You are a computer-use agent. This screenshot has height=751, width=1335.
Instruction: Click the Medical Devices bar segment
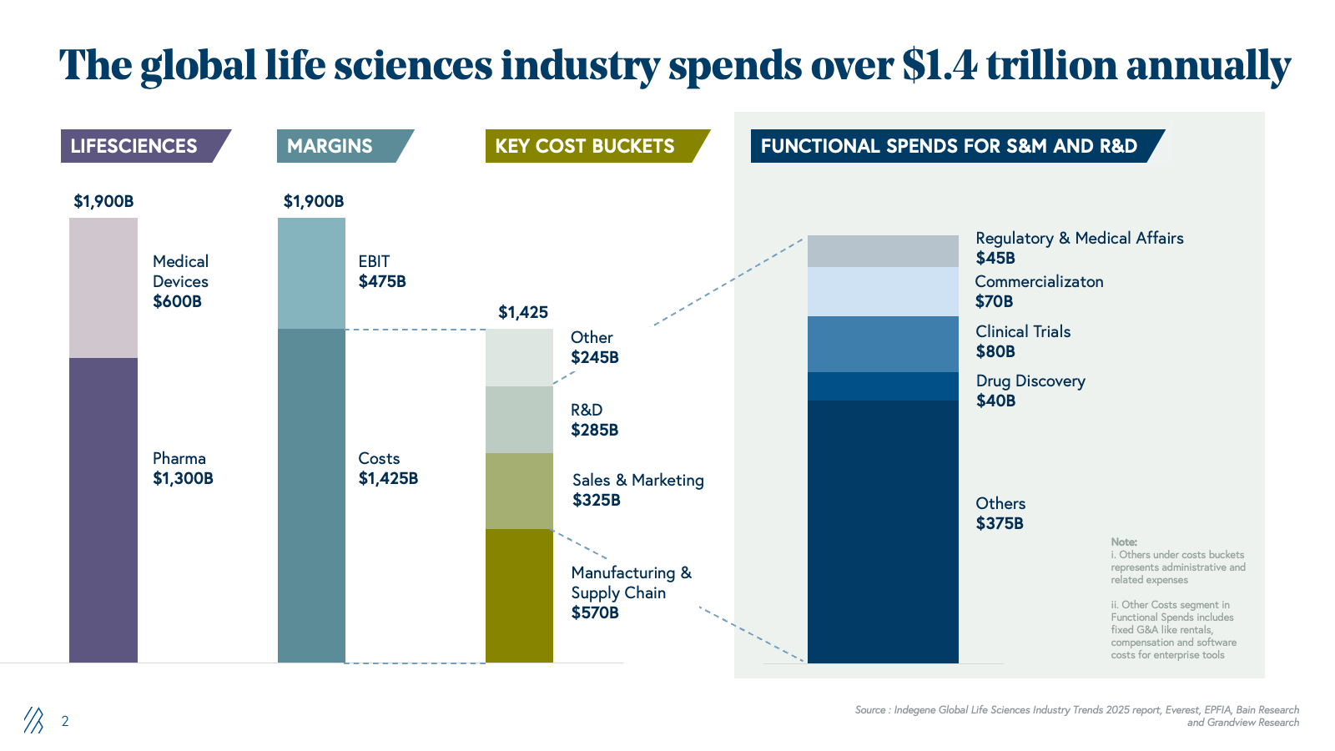click(103, 288)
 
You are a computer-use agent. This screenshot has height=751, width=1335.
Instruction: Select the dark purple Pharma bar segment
click(103, 510)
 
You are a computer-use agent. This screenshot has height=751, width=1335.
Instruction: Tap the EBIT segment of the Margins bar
click(311, 273)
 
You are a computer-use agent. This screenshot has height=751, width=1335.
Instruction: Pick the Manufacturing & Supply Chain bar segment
click(519, 596)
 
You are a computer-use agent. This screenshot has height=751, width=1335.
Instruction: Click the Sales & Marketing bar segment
click(519, 491)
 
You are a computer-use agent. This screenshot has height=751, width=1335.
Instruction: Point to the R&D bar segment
click(519, 420)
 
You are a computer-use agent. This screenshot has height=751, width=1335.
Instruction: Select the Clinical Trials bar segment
click(883, 344)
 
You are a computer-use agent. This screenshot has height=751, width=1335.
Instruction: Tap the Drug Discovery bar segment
click(883, 386)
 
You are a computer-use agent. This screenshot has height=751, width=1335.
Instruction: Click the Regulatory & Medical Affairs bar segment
click(883, 251)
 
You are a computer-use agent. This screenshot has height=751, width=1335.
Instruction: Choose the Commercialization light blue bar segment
click(883, 291)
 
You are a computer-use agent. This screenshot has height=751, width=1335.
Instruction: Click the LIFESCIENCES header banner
click(138, 146)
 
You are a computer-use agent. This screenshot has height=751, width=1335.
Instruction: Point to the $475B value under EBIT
click(382, 281)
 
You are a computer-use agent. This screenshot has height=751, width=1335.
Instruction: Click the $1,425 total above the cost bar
click(523, 312)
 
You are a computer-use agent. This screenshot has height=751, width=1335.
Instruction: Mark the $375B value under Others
click(1000, 523)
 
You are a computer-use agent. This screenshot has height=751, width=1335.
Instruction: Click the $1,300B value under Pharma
click(183, 478)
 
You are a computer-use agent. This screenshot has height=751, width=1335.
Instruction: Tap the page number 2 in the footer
click(65, 721)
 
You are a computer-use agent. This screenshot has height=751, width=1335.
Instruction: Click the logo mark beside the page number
click(33, 720)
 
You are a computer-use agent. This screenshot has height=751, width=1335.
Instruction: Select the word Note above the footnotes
click(1124, 542)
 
